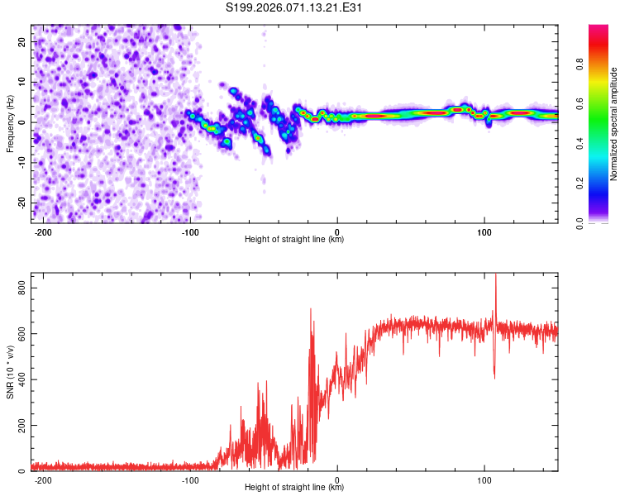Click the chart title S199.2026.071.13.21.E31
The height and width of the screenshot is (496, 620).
(x=295, y=8)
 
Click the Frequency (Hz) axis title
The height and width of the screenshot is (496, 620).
(x=10, y=123)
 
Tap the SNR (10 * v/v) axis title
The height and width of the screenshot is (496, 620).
(x=10, y=372)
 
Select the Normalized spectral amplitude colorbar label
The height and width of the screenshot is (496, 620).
(x=614, y=124)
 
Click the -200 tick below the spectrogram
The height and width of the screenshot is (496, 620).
(x=44, y=231)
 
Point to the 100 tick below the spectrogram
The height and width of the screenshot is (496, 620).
(x=484, y=231)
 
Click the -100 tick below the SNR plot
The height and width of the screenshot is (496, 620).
(x=190, y=479)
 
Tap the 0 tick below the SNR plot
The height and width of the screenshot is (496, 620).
(x=337, y=479)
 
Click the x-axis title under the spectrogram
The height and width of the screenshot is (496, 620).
(x=294, y=240)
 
